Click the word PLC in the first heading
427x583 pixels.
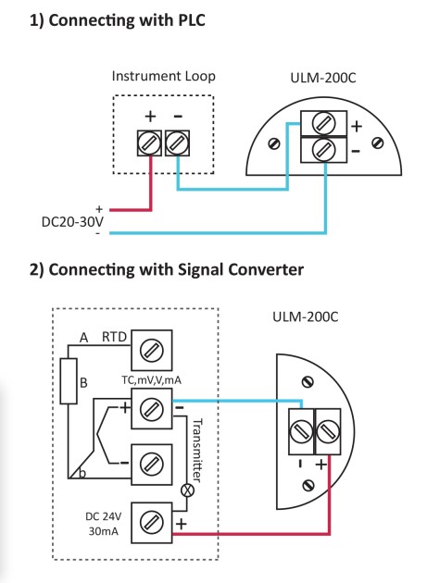[192, 20]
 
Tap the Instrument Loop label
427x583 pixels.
[163, 76]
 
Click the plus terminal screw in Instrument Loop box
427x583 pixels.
[149, 143]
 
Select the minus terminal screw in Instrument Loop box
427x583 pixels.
[177, 143]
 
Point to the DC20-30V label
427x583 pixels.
[72, 222]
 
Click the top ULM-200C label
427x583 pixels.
[322, 78]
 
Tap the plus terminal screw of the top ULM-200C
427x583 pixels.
[323, 123]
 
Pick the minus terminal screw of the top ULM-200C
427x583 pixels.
[323, 150]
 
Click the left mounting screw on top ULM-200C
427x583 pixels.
[274, 143]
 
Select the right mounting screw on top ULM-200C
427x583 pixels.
[378, 143]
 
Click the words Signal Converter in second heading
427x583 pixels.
[241, 269]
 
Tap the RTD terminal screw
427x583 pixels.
[152, 350]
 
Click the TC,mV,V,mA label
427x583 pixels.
[152, 380]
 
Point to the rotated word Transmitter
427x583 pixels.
[197, 451]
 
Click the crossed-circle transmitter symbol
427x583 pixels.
[187, 490]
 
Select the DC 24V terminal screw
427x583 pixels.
[152, 523]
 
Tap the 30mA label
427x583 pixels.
[104, 531]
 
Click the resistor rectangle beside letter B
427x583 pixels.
[69, 381]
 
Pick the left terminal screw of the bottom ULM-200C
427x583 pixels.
[301, 431]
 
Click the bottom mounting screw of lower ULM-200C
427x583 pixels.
[308, 485]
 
